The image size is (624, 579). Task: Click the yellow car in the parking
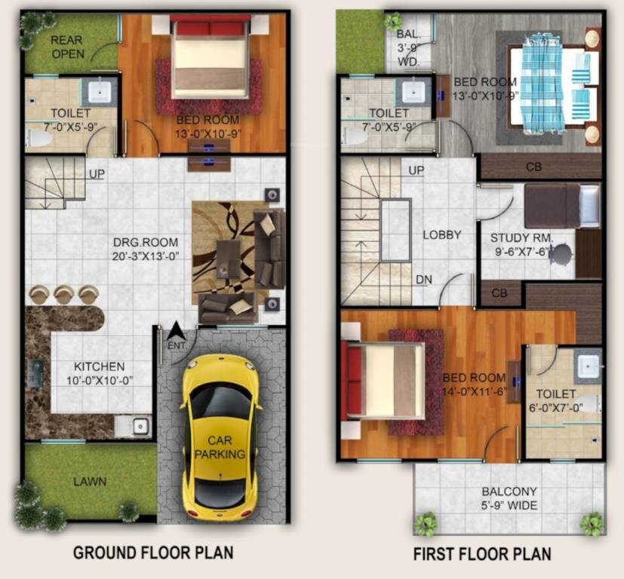pyautogui.click(x=220, y=435)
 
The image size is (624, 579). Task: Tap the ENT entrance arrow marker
pyautogui.click(x=175, y=335)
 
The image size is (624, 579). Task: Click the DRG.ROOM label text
pyautogui.click(x=146, y=248)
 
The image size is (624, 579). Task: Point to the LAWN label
pyautogui.click(x=90, y=481)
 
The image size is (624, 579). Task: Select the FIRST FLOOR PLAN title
pyautogui.click(x=481, y=554)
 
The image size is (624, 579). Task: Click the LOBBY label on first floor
pyautogui.click(x=441, y=234)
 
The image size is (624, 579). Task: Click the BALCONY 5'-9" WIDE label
pyautogui.click(x=510, y=498)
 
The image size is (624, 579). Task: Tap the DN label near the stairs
pyautogui.click(x=423, y=280)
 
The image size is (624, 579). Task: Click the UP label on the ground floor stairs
pyautogui.click(x=97, y=174)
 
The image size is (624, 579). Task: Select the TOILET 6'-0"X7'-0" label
pyautogui.click(x=556, y=401)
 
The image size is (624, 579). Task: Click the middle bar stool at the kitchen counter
pyautogui.click(x=63, y=293)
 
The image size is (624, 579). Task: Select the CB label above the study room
pyautogui.click(x=533, y=167)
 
